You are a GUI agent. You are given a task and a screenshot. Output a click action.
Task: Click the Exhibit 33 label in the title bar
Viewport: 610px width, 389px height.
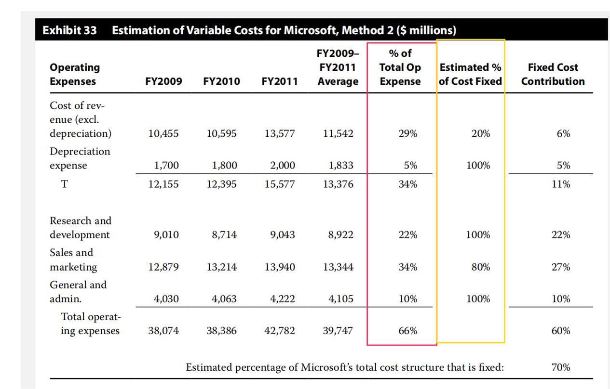point(69,30)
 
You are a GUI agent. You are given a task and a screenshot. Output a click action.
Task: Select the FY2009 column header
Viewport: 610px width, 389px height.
point(163,81)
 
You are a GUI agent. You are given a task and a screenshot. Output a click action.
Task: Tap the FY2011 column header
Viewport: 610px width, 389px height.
point(280,81)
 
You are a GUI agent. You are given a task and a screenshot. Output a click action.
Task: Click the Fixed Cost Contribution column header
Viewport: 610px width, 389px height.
point(553,74)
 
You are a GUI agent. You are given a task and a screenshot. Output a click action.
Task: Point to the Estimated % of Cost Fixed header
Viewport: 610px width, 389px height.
point(470,74)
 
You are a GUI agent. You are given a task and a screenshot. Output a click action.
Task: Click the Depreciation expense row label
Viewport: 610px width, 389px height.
point(80,158)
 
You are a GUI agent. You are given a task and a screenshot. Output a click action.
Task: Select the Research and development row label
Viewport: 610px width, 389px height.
point(80,228)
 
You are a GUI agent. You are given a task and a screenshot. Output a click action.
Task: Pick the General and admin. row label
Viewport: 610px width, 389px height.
point(78,292)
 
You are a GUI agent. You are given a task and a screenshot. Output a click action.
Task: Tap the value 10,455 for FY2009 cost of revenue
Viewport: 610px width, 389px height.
point(163,133)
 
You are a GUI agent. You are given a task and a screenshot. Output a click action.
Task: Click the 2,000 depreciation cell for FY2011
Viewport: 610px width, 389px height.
point(283,166)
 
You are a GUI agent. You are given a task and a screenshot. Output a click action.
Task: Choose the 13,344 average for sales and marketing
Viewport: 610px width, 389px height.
point(338,267)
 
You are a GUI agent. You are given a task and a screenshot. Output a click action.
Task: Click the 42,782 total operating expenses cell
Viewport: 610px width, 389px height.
point(280,331)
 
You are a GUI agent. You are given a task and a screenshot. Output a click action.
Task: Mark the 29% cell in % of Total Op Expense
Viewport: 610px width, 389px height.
point(407,133)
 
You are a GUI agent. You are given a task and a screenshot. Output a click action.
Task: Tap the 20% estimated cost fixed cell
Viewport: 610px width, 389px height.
point(480,133)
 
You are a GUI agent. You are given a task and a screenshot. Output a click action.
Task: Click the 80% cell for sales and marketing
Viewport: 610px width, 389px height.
point(480,267)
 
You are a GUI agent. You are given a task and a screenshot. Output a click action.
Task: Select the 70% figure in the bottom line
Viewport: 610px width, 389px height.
point(561,367)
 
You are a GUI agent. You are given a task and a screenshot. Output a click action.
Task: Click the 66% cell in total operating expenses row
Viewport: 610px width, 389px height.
point(407,331)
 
